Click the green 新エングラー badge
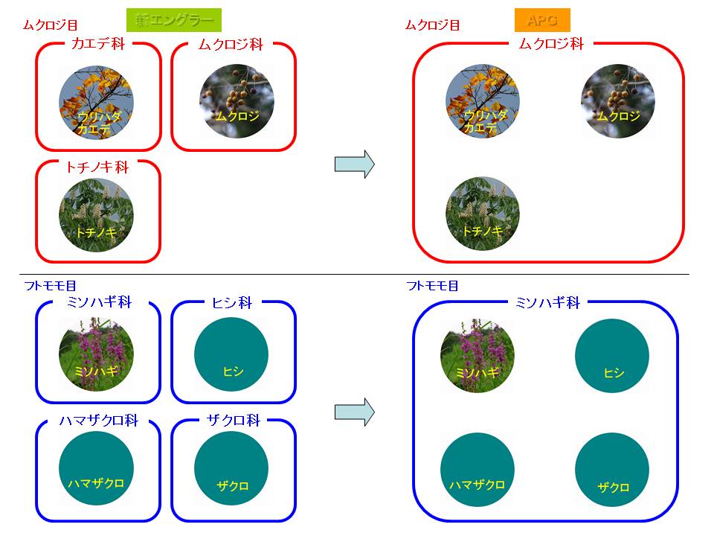point(174,19)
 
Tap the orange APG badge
point(542,19)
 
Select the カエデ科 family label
point(98,44)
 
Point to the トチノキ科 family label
point(98,167)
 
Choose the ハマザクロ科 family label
point(98,421)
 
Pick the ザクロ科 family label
point(232,421)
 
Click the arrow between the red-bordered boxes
point(353,165)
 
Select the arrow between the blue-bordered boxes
point(353,413)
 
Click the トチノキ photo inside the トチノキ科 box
point(96,214)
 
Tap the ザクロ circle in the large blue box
point(612,469)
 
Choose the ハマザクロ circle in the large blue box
point(477,469)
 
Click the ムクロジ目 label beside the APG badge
point(432,25)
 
